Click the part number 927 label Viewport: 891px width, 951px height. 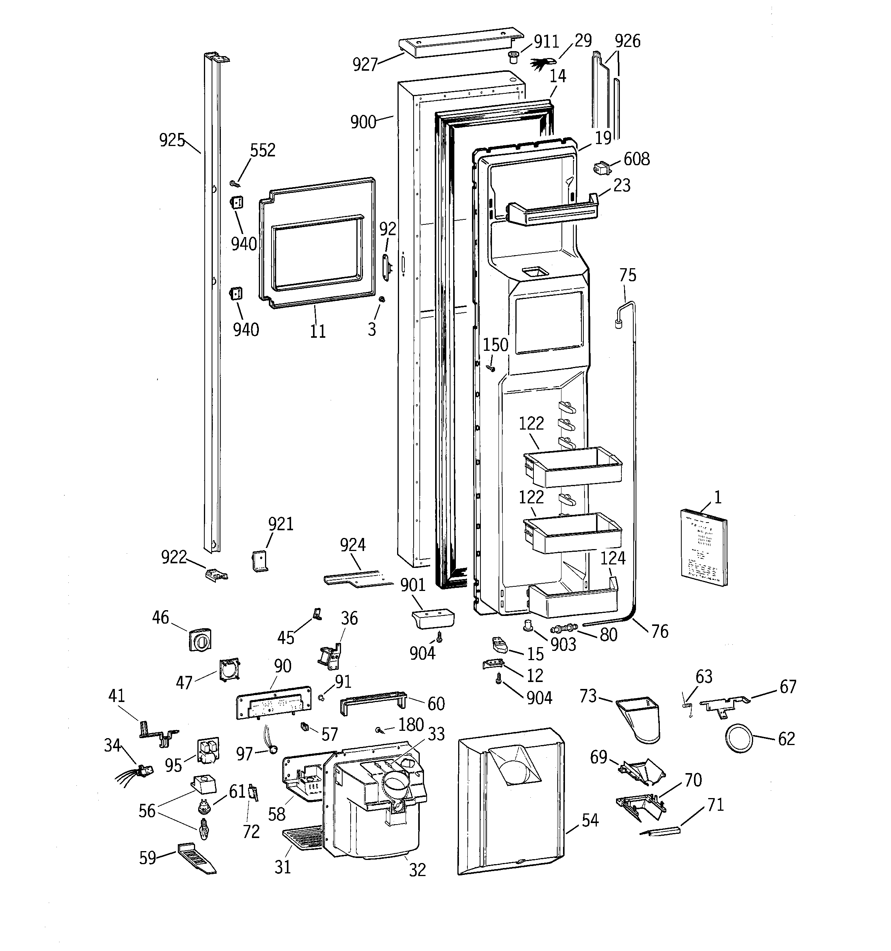pyautogui.click(x=365, y=64)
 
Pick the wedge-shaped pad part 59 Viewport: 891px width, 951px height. pyautogui.click(x=197, y=859)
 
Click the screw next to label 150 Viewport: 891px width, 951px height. pyautogui.click(x=490, y=367)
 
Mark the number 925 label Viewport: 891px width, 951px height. pyautogui.click(x=172, y=140)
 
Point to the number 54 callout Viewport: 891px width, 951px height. pyautogui.click(x=590, y=820)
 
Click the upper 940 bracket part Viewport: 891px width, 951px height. pyautogui.click(x=236, y=202)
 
